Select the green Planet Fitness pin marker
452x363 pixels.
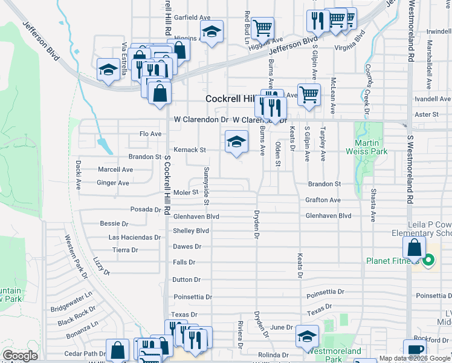click(x=428, y=261)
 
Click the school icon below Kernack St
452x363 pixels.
click(x=237, y=142)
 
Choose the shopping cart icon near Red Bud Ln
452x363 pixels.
click(x=263, y=27)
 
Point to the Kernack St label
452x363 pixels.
click(x=190, y=149)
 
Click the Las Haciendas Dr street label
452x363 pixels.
click(x=134, y=237)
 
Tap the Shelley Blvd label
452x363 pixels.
click(x=191, y=231)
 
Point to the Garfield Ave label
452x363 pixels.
click(x=192, y=18)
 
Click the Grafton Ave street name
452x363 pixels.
click(x=323, y=200)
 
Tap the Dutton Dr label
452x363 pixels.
click(x=186, y=280)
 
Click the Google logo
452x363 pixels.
click(x=20, y=356)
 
